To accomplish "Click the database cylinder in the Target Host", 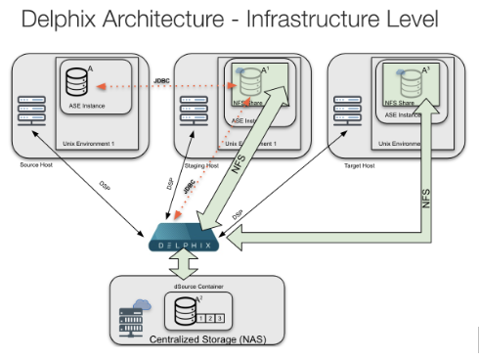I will coord(402,78).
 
